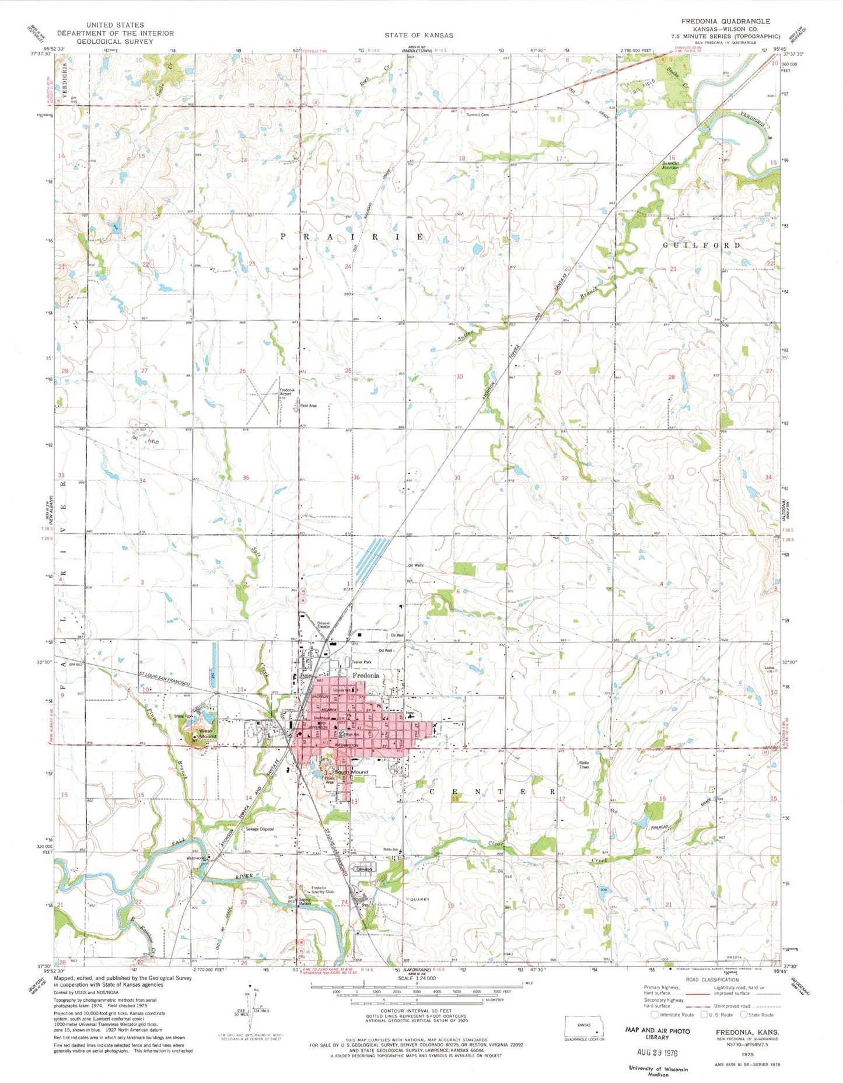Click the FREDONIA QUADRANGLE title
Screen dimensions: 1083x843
coord(725,21)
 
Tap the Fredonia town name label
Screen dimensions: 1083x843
coord(365,675)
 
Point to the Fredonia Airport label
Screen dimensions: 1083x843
coord(286,392)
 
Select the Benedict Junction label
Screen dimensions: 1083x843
coord(669,165)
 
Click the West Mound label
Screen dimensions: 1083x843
coord(207,733)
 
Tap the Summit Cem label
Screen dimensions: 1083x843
coord(477,115)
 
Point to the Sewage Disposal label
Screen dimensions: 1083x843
coord(260,829)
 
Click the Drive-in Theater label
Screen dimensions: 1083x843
coord(324,625)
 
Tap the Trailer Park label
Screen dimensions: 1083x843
coord(362,662)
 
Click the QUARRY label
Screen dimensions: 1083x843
coord(419,899)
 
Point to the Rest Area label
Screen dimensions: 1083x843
coord(308,405)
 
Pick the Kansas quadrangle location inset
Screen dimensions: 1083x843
coord(585,1026)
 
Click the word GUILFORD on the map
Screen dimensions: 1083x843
coord(702,246)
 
